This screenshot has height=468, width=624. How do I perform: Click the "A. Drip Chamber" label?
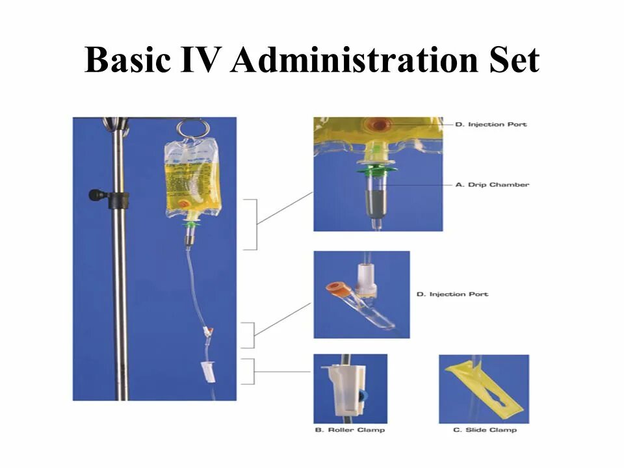coord(492,185)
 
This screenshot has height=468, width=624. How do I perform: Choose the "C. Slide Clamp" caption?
coord(485,430)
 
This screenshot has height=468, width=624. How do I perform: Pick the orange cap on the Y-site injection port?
coord(337,289)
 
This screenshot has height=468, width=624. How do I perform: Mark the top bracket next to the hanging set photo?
coord(250,224)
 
